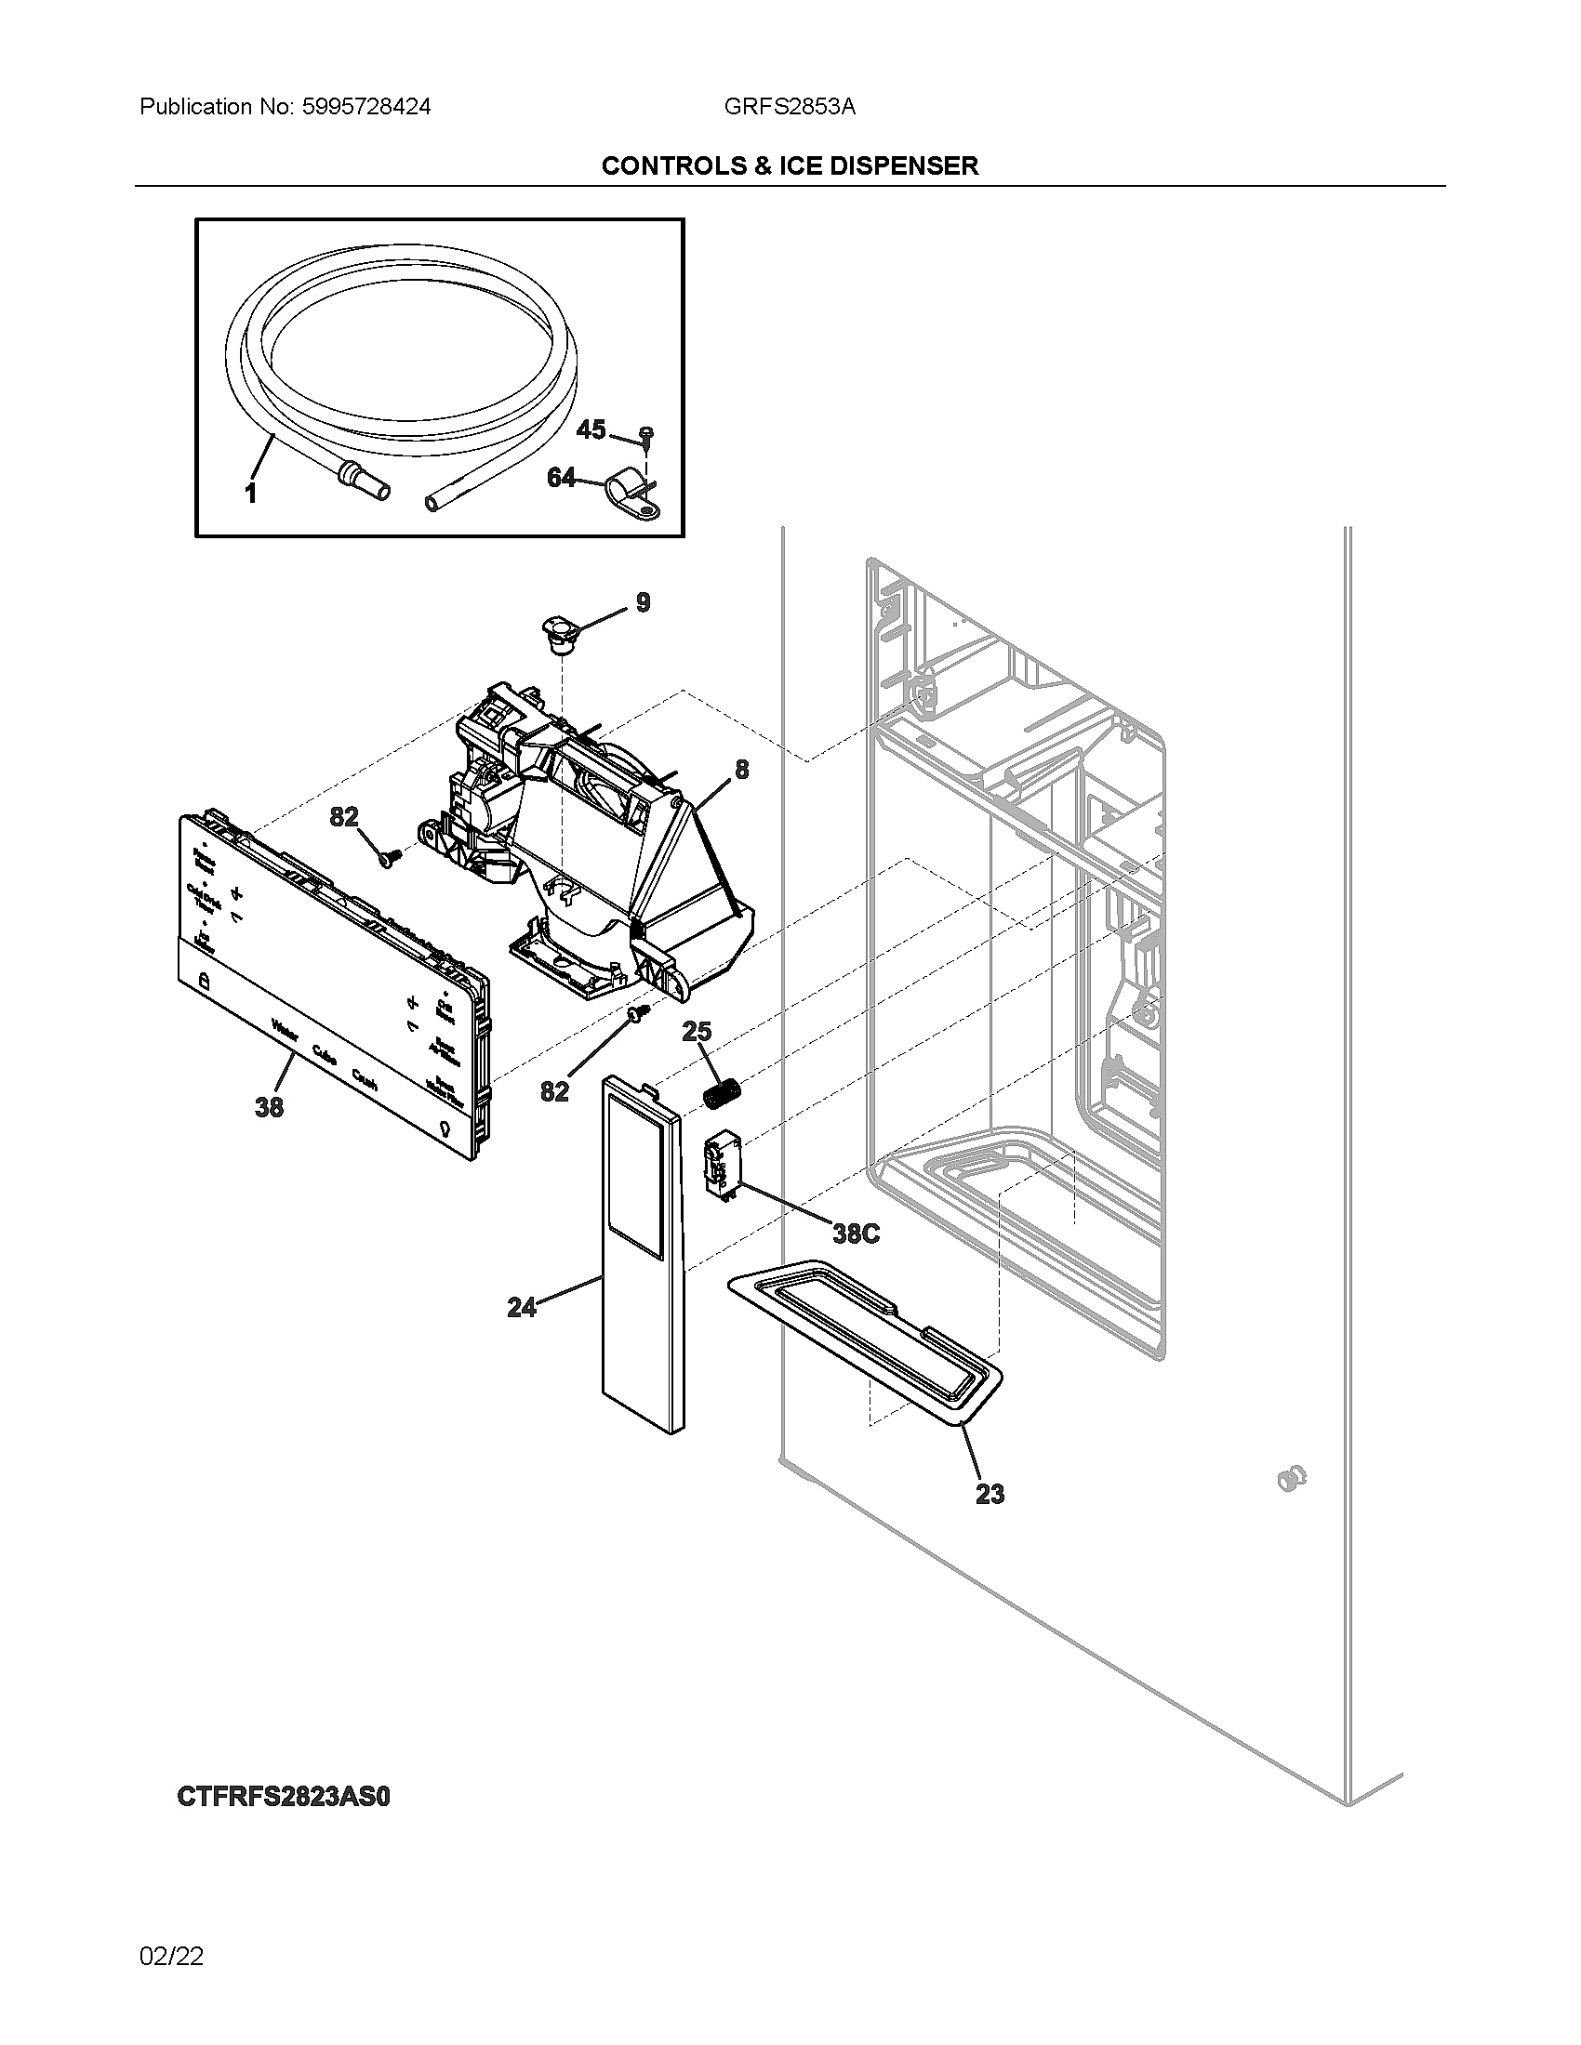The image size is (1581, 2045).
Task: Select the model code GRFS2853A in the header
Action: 789,107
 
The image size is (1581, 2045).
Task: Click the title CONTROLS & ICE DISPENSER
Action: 790,165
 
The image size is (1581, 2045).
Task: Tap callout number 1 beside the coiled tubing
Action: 251,494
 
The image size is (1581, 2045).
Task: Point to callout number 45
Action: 591,429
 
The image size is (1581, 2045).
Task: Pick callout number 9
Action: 643,602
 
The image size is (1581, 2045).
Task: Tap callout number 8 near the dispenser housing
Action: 742,769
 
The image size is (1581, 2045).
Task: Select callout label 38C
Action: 856,1234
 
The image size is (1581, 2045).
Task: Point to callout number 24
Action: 522,1307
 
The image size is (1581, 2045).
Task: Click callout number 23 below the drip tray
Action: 990,1494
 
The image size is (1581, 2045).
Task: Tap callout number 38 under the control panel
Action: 269,1107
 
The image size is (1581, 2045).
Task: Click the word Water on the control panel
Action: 285,1032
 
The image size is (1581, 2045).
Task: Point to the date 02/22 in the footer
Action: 171,1956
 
